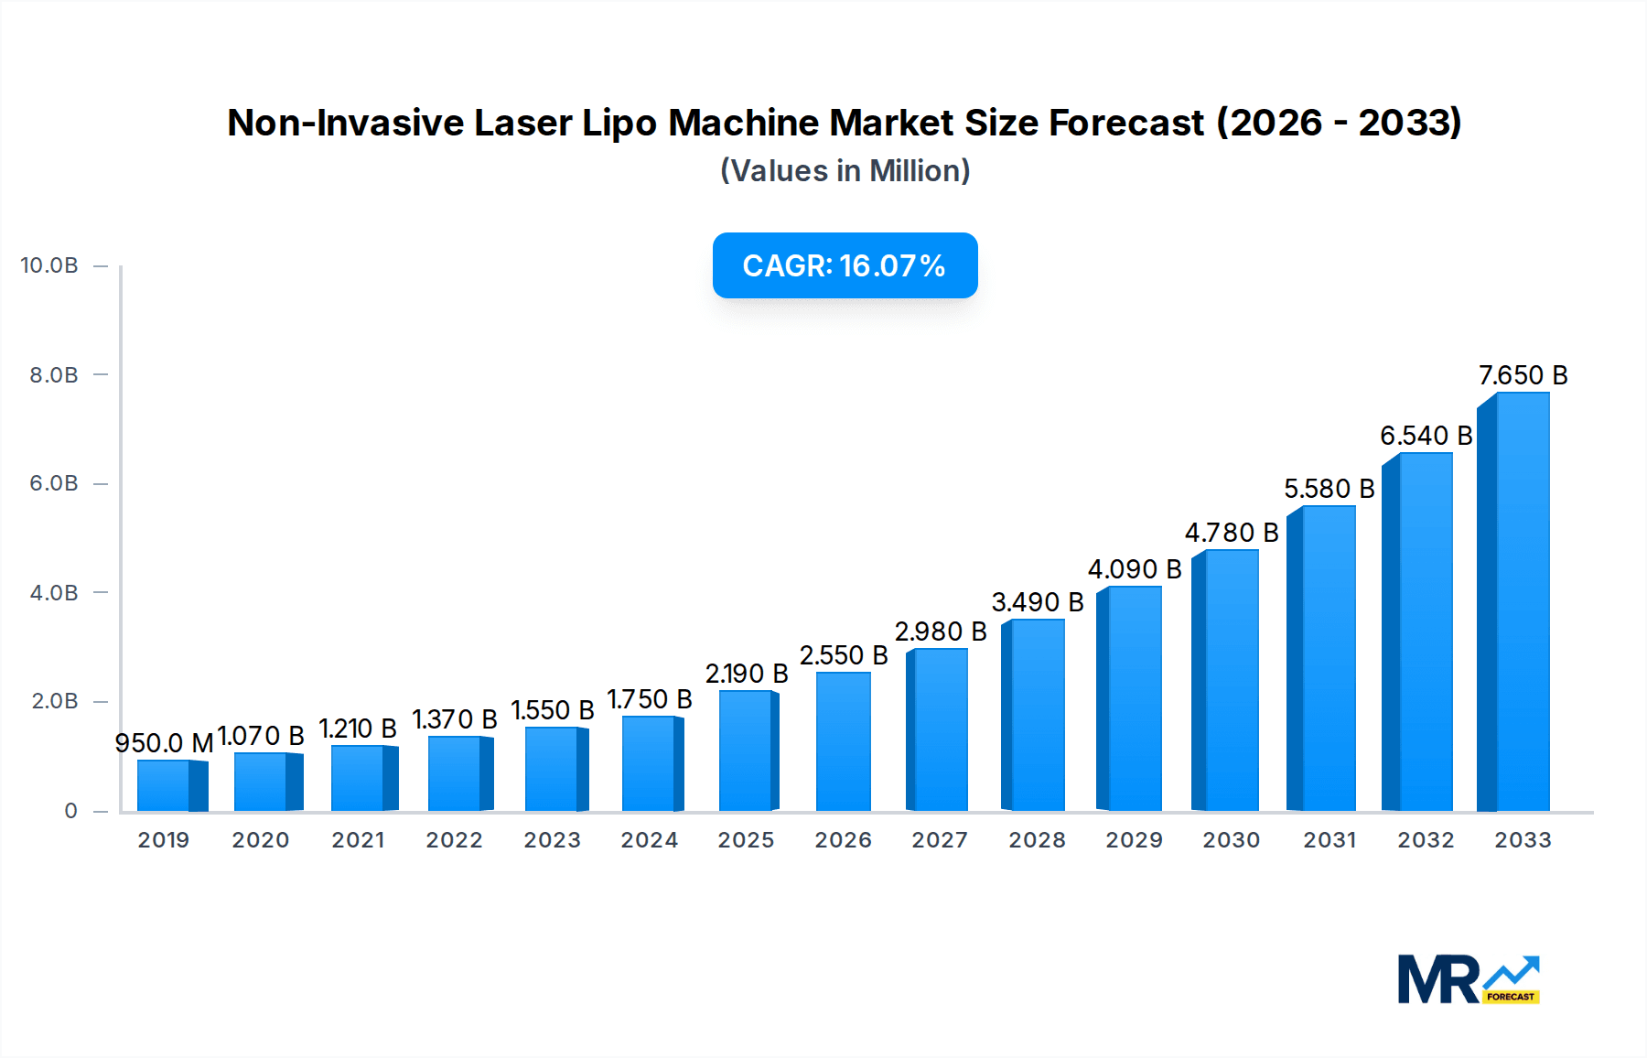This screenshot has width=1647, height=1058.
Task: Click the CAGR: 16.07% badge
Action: point(845,265)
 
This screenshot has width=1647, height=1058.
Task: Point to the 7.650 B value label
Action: point(1523,375)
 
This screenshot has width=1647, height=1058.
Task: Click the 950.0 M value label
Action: point(164,742)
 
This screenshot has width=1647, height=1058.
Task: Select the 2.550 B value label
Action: point(844,655)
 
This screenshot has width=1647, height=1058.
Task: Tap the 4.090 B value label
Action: point(1135,569)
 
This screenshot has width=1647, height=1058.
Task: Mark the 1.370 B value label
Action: point(454,719)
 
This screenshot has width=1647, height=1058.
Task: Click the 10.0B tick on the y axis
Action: point(49,265)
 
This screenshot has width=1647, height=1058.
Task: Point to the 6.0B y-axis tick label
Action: point(54,483)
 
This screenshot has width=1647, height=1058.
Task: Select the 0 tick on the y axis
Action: point(70,811)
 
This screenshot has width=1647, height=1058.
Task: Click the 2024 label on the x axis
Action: point(649,840)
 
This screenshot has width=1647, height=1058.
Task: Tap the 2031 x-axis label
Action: point(1329,840)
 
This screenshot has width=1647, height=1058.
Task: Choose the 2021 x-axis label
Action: point(358,840)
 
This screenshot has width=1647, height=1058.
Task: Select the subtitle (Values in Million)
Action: point(845,171)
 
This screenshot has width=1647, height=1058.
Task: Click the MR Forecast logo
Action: point(1468,979)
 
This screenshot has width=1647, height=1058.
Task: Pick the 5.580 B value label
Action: point(1329,489)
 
